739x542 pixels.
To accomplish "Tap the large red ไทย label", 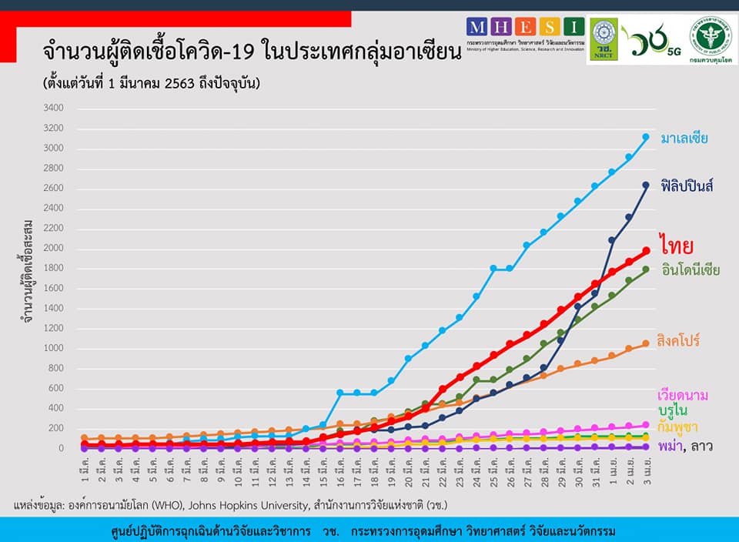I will click(x=677, y=244).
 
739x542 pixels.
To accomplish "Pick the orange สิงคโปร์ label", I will click(x=678, y=340).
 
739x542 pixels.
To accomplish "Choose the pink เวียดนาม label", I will click(x=684, y=395).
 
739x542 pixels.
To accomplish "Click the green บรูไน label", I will click(x=673, y=410).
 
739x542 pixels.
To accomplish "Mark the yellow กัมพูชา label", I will click(x=677, y=427).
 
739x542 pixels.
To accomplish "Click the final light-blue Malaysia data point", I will click(x=646, y=137).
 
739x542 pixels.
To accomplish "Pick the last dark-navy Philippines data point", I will click(x=646, y=185).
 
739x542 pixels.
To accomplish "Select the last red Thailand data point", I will click(x=646, y=250).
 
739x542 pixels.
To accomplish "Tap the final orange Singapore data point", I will click(x=646, y=343).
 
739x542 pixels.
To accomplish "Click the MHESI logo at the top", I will click(x=524, y=35).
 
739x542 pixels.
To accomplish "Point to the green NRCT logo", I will click(x=601, y=39).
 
